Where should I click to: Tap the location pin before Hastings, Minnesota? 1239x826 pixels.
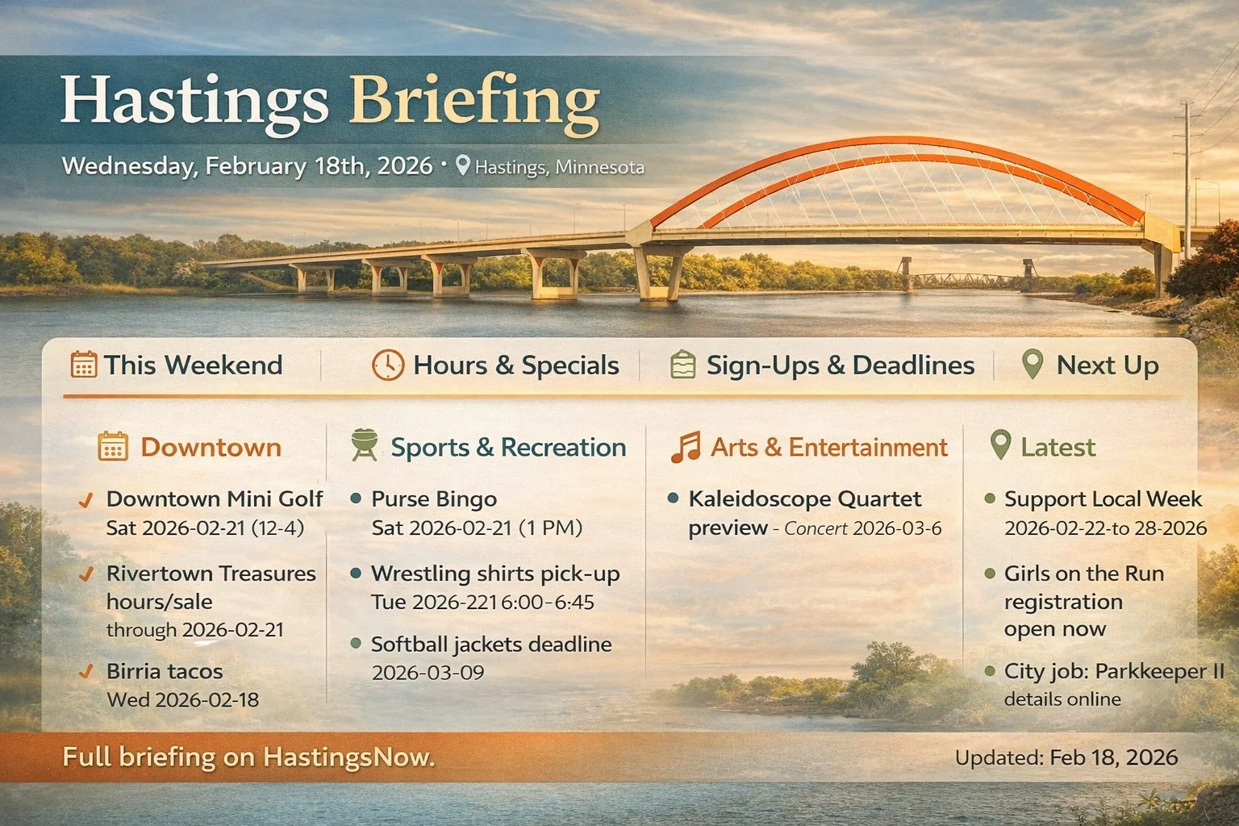pos(462,167)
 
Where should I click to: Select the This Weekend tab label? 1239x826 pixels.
pos(193,365)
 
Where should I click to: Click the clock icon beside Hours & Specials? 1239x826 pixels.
pos(387,365)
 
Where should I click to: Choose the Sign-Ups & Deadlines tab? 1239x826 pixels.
pos(840,365)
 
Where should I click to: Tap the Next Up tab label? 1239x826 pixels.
pos(1107,365)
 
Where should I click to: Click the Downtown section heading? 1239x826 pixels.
pos(211,448)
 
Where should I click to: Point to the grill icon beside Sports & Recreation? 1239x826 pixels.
pos(365,446)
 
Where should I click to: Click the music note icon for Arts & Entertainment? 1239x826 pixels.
pos(686,447)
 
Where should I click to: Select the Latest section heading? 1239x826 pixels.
pos(1058,448)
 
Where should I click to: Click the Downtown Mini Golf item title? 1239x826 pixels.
pos(215,499)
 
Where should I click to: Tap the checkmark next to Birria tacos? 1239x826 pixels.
pos(84,671)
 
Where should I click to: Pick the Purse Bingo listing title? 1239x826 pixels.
pos(433,499)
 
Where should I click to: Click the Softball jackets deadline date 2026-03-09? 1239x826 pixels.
pos(428,672)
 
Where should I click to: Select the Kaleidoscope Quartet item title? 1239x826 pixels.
pos(804,499)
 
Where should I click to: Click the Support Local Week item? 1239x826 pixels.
pos(1103,499)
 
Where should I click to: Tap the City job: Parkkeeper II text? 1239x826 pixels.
pos(1114,671)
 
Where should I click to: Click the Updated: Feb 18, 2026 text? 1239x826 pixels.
pos(1066,758)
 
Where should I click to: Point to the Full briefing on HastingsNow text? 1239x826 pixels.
pos(248,757)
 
